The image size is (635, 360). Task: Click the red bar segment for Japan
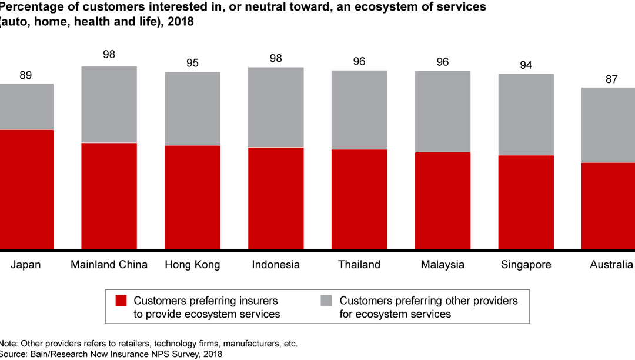pyautogui.click(x=26, y=189)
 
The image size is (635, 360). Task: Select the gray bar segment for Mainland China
pyautogui.click(x=109, y=105)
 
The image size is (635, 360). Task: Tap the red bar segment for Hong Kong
pyautogui.click(x=192, y=197)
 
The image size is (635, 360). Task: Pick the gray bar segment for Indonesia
pyautogui.click(x=276, y=107)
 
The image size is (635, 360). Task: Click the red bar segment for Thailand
pyautogui.click(x=359, y=199)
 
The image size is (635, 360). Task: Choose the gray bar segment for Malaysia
pyautogui.click(x=443, y=111)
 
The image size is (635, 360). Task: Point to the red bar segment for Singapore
pyautogui.click(x=526, y=202)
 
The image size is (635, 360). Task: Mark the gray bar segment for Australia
pyautogui.click(x=609, y=125)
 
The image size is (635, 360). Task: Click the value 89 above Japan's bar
pyautogui.click(x=25, y=75)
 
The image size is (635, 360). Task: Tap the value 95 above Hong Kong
pyautogui.click(x=192, y=64)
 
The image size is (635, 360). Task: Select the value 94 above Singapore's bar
pyautogui.click(x=526, y=65)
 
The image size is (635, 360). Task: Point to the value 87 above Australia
pyautogui.click(x=611, y=79)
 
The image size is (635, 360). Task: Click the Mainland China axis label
pyautogui.click(x=109, y=265)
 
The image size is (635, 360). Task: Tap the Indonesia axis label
pyautogui.click(x=276, y=265)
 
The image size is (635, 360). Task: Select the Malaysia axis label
pyautogui.click(x=443, y=265)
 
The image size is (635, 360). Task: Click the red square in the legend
pyautogui.click(x=120, y=301)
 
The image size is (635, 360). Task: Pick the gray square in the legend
pyautogui.click(x=326, y=301)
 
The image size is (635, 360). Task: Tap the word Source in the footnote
pyautogui.click(x=14, y=354)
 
